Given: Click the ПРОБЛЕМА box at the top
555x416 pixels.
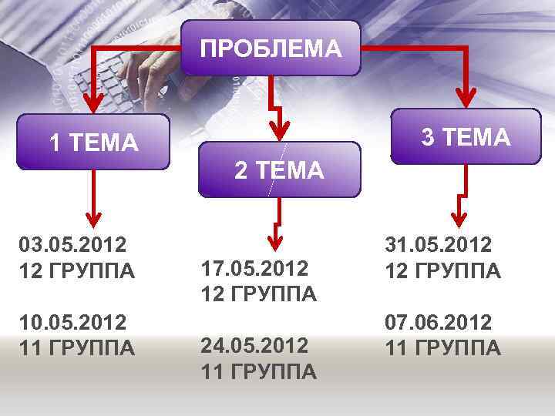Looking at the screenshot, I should (271, 49).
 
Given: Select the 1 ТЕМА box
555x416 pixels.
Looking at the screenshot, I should (93, 143).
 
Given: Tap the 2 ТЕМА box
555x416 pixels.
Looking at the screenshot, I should (279, 170).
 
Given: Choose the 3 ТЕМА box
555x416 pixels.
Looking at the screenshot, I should (466, 137).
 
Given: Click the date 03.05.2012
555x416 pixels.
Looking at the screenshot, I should (72, 246).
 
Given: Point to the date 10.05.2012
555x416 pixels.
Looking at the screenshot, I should (72, 322).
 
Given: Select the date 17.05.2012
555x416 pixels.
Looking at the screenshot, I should (255, 268).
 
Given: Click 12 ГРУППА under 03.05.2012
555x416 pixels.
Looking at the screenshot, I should (77, 272).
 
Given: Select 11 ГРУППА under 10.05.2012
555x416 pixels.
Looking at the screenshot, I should (77, 348).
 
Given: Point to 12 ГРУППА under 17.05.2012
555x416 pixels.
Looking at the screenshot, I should (258, 294).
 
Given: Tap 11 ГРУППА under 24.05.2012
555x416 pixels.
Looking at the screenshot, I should (258, 371).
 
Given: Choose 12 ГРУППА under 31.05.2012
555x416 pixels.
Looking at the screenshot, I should (443, 271).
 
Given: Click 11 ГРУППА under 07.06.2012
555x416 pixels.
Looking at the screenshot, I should (443, 348).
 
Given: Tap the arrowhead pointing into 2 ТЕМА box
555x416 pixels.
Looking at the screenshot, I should (282, 133).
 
